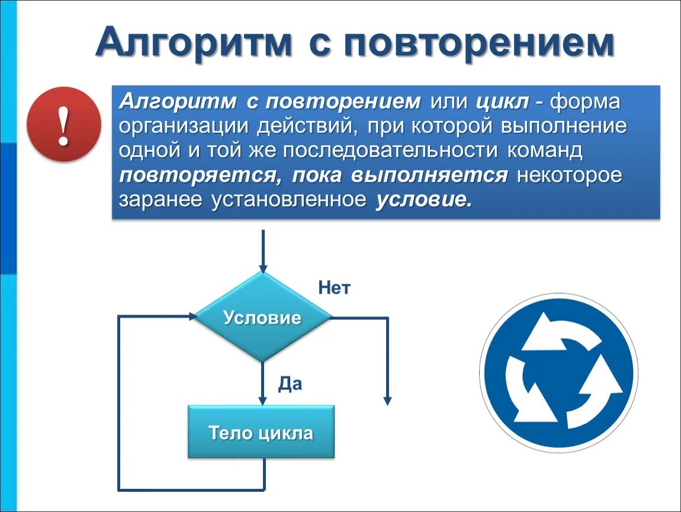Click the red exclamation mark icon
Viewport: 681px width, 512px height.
coord(64,124)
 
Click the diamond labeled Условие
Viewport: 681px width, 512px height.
coord(262,318)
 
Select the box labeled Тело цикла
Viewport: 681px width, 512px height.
coord(261,432)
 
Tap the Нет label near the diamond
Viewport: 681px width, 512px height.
coord(335,289)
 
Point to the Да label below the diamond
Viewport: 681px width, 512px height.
coord(290,384)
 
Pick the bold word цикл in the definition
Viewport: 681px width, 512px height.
coord(502,102)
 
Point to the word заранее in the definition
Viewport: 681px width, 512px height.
coord(160,200)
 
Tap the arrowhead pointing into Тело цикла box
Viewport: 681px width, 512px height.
coord(262,401)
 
